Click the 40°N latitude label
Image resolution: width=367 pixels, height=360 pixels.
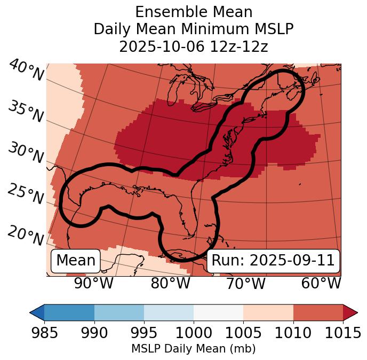26,71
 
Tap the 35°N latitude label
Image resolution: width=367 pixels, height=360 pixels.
26,112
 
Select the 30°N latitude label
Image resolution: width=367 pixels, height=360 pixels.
26,153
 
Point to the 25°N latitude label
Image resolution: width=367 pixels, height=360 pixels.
26,194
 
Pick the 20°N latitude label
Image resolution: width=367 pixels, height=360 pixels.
26,235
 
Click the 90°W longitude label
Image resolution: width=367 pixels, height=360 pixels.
93,283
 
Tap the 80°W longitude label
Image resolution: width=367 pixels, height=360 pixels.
170,283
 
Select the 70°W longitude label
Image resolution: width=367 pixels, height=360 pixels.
245,283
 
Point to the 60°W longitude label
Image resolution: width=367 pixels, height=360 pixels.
321,283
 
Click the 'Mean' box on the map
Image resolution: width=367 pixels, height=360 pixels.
76,261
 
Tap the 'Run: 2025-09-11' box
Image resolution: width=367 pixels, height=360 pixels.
273,261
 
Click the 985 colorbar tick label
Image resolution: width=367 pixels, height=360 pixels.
44,333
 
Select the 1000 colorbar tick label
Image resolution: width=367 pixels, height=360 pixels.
194,333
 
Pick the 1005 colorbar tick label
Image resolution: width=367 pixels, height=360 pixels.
243,333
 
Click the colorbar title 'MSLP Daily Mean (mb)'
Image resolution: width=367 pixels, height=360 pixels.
193,349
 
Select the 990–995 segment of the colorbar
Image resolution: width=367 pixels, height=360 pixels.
119,312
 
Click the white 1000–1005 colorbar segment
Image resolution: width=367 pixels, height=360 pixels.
218,312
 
